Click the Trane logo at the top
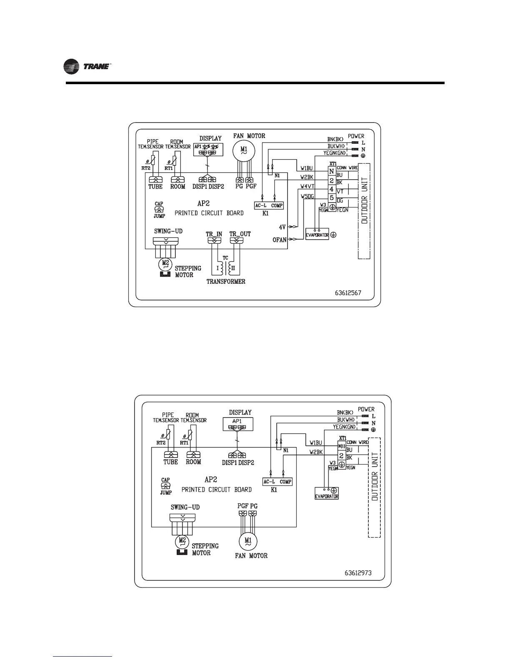coord(87,67)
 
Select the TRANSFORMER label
coord(226,281)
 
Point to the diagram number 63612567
coord(348,292)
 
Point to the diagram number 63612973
coord(358,573)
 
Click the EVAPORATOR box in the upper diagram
coord(317,235)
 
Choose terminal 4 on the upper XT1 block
coord(332,189)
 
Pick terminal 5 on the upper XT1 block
coord(332,197)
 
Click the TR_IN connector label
coord(214,234)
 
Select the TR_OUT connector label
coord(240,234)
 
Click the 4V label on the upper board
coord(282,227)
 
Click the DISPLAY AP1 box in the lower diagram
coord(237,424)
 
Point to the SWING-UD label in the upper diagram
coord(168,231)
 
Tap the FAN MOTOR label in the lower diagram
coord(251,555)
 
